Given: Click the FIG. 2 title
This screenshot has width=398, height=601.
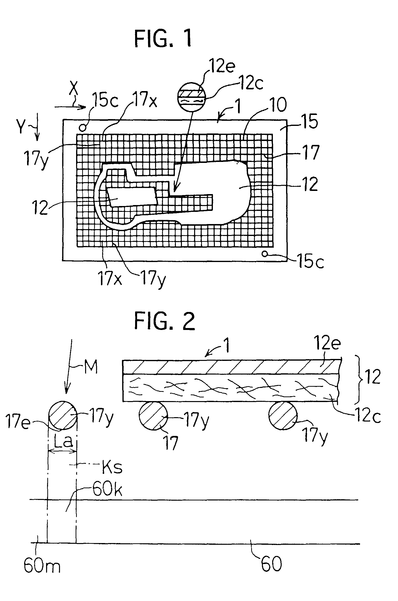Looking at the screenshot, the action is (x=164, y=321).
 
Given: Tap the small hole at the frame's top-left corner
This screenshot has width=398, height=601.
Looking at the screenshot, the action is (x=82, y=128).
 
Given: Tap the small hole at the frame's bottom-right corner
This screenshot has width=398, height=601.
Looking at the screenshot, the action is (x=265, y=254).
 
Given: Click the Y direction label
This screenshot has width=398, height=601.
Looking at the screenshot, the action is (x=21, y=126).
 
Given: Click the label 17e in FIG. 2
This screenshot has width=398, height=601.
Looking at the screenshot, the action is (x=18, y=422).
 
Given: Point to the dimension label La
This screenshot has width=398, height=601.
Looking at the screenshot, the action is (x=63, y=441).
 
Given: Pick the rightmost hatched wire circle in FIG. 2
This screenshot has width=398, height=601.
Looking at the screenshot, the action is (x=283, y=415).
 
